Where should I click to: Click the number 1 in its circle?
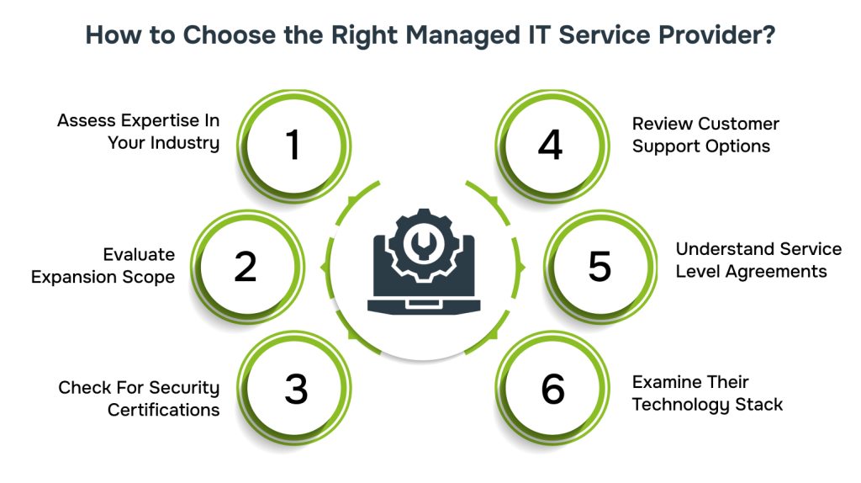tap(292, 145)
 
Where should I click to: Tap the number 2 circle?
tap(246, 266)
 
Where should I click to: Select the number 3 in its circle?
tap(295, 388)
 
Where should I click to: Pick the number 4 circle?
tap(552, 145)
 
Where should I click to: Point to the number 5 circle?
tap(600, 266)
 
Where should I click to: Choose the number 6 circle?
tap(552, 388)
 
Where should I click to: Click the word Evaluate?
tap(139, 254)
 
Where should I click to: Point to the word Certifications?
tap(163, 410)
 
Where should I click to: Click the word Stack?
tap(758, 404)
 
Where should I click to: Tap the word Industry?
tap(185, 143)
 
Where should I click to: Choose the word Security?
tap(184, 388)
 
